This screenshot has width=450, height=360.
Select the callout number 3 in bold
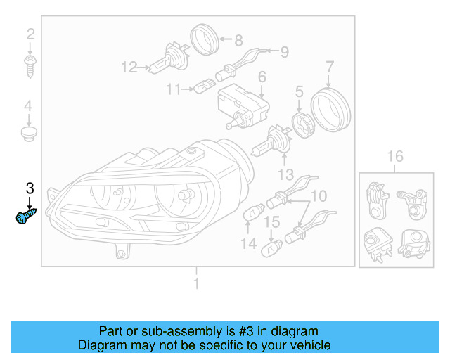pos(30,188)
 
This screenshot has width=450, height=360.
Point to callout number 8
pos(238,40)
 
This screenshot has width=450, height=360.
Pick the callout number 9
pos(285,51)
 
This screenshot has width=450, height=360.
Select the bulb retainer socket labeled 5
pos(302,125)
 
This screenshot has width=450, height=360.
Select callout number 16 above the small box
pos(395,156)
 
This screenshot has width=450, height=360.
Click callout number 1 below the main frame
pos(197,283)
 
